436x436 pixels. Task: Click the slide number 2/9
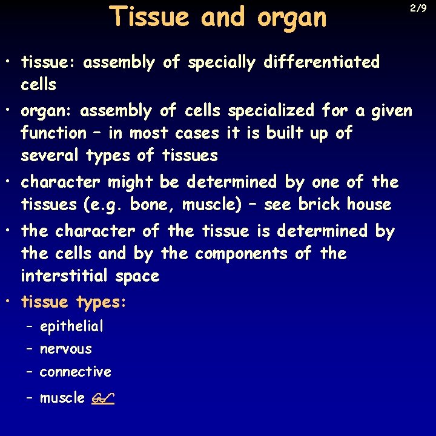point(418,8)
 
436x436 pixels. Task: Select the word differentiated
point(322,62)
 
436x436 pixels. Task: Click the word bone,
point(153,205)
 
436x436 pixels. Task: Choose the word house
point(369,204)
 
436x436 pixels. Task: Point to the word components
point(241,253)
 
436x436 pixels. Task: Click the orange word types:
point(101,302)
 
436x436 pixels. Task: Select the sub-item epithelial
point(71,327)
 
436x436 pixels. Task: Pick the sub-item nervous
point(65,349)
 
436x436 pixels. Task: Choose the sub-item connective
point(75,371)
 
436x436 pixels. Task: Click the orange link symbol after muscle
point(105,398)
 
